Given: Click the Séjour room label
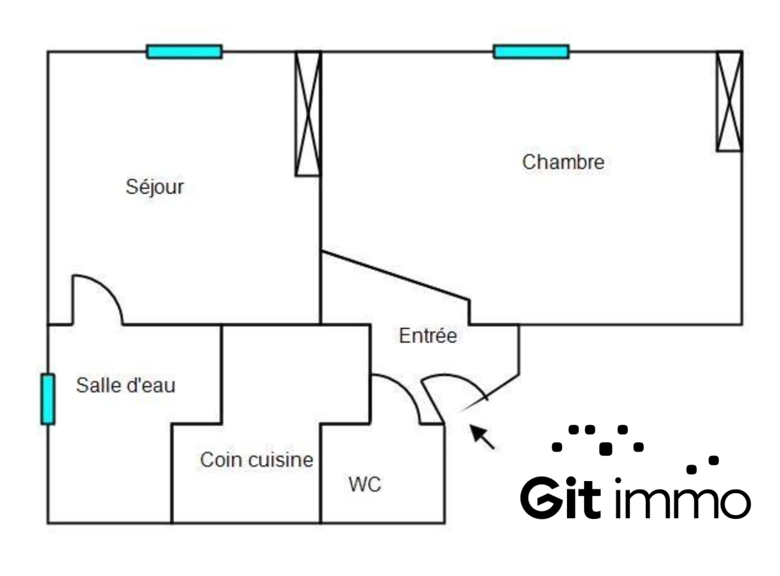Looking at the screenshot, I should pyautogui.click(x=155, y=187).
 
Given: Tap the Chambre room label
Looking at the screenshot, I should pyautogui.click(x=563, y=162).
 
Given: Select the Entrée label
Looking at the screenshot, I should pyautogui.click(x=428, y=335).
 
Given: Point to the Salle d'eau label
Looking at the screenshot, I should pyautogui.click(x=125, y=385).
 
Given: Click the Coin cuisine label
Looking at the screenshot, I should pyautogui.click(x=256, y=460).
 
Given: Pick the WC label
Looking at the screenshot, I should pyautogui.click(x=365, y=484).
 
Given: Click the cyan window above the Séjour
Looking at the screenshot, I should pyautogui.click(x=184, y=52).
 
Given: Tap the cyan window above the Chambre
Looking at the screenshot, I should pyautogui.click(x=531, y=52).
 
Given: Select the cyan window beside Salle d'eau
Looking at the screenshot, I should pyautogui.click(x=48, y=399).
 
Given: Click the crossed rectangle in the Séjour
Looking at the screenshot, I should pyautogui.click(x=308, y=114).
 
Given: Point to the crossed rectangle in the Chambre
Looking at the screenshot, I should pyautogui.click(x=729, y=101).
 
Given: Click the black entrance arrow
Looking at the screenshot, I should pyautogui.click(x=482, y=436).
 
